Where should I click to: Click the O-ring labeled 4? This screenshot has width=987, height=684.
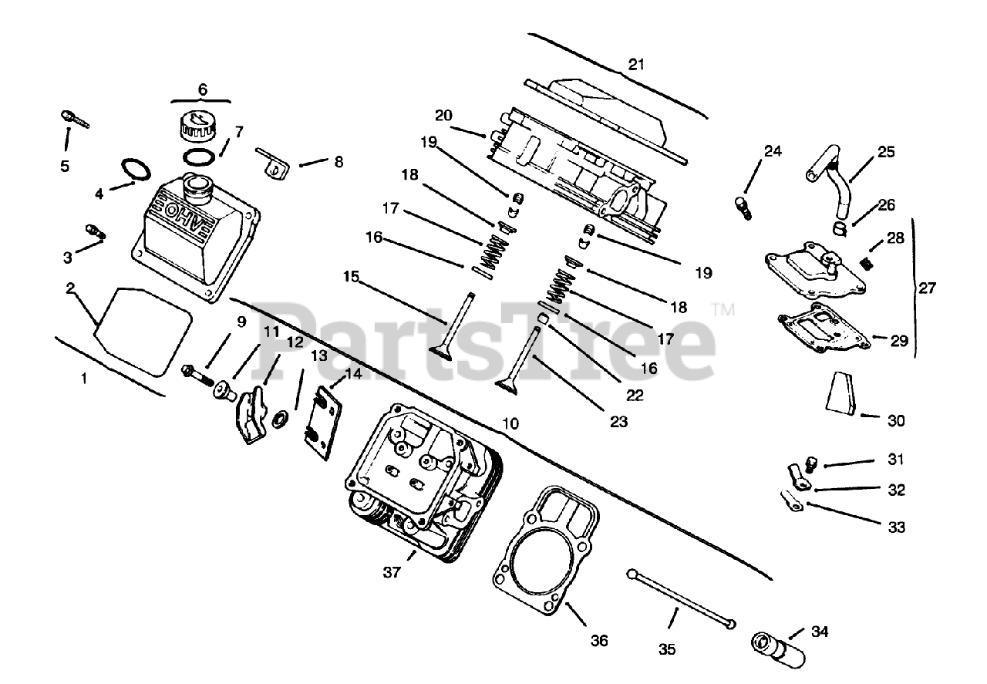133,169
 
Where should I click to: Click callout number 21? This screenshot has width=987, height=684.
635,65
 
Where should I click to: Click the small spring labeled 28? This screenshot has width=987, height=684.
867,262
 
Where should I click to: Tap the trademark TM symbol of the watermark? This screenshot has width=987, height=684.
723,310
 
